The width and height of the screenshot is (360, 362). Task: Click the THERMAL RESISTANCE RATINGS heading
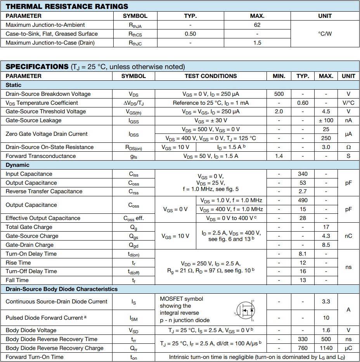67,6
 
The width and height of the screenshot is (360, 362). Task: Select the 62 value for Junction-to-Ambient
257,25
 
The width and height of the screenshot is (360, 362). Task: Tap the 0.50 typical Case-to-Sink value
190,34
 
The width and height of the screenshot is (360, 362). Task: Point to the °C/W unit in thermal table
325,34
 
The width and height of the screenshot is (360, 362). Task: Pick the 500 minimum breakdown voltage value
279,94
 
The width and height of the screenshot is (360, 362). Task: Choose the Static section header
14,85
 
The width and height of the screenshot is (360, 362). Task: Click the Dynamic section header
17,165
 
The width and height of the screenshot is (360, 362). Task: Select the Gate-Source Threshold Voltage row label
46,111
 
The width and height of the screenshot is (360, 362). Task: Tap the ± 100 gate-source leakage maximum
326,120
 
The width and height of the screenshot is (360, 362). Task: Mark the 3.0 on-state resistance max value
326,147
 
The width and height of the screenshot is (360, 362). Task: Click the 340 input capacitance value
303,174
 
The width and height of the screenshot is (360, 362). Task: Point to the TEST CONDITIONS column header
211,76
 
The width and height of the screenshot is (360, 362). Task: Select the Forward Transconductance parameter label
41,156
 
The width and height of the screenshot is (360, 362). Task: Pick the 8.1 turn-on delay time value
303,254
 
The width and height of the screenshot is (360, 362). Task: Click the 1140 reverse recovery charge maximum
326,348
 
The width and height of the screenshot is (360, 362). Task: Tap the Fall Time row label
17,280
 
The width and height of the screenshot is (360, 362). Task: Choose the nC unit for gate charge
348,236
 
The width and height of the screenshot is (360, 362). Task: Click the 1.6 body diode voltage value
326,330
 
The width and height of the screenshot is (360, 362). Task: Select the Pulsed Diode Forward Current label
46,318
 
